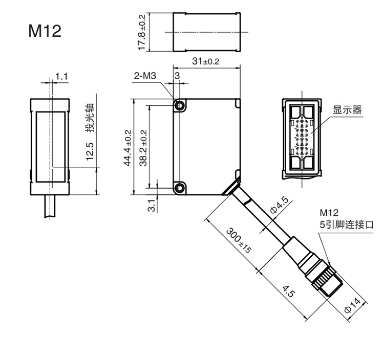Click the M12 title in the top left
coord(45,31)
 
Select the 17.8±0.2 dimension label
coord(142,32)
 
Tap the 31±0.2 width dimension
coord(205,62)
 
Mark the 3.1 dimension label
coord(152,206)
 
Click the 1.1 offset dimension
coord(61,77)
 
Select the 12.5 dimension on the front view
coord(90,152)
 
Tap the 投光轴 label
coord(90,118)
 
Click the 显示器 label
coord(347,110)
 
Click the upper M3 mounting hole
coord(179,105)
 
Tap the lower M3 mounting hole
coord(179,187)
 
